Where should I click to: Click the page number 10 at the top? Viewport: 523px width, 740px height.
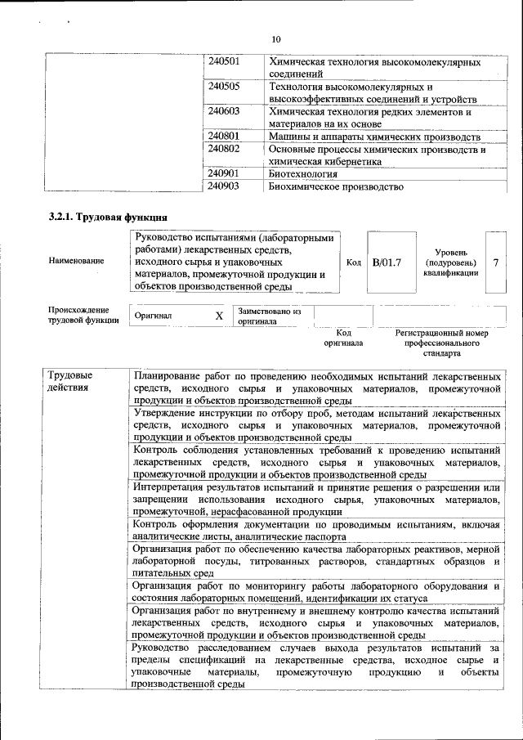pos(275,39)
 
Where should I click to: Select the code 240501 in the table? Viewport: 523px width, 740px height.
pos(223,61)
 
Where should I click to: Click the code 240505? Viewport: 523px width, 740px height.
pos(223,86)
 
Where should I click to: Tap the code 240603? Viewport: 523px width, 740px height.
pos(223,110)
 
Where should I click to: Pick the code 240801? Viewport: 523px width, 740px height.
pos(223,136)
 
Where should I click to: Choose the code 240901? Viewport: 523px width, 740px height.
pos(223,174)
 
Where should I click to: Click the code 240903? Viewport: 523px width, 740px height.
pos(223,186)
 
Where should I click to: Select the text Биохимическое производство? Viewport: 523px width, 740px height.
pos(336,186)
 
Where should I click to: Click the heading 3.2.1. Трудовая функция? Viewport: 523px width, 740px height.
pos(108,217)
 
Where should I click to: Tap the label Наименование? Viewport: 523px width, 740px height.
pos(76,261)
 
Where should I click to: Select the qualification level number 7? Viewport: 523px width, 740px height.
pos(495,262)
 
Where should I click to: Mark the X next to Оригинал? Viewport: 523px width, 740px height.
pos(219,316)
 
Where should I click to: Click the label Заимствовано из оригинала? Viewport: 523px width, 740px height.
pos(269,316)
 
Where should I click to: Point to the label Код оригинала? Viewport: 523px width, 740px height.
pos(343,338)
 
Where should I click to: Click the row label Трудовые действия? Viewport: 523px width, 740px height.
pos(70,381)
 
